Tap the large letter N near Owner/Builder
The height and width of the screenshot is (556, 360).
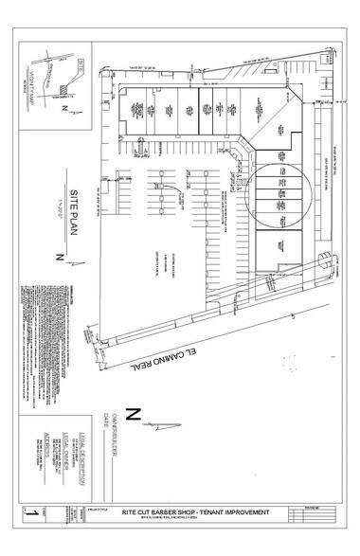(x=134, y=413)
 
